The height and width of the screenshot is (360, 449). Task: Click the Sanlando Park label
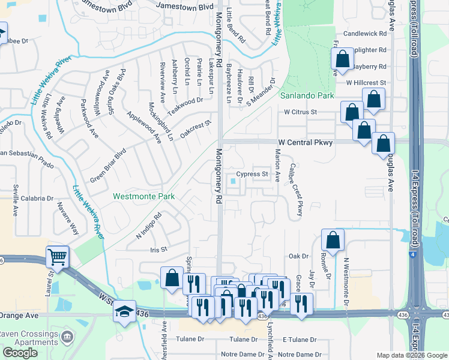click(304, 95)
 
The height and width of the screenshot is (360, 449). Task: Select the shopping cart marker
click(58, 256)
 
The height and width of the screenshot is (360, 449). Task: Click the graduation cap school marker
click(125, 311)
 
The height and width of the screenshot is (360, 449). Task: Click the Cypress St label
click(252, 175)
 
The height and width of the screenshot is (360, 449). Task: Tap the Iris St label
click(158, 249)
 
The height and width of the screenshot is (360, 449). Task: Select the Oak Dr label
click(298, 256)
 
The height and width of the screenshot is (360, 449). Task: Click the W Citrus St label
click(300, 112)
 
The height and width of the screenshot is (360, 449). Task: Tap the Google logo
click(20, 353)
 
